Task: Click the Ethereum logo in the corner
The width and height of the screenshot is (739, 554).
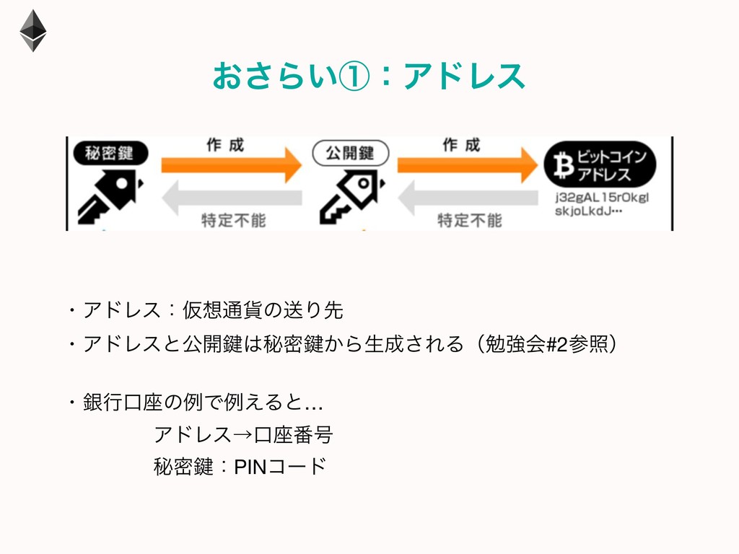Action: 32,30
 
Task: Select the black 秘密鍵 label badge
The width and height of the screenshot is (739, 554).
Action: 111,154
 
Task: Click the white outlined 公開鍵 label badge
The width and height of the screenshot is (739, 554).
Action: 350,153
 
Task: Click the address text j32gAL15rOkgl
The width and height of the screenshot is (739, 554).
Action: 592,197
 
